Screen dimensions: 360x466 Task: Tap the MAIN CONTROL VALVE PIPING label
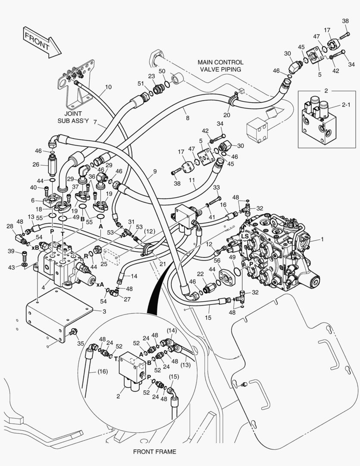pyautogui.click(x=220, y=66)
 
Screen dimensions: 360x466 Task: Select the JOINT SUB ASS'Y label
pyautogui.click(x=73, y=117)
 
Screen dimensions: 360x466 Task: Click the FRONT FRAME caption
pyautogui.click(x=154, y=452)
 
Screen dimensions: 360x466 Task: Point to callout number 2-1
pyautogui.click(x=346, y=104)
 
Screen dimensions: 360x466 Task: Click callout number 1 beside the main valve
pyautogui.click(x=322, y=239)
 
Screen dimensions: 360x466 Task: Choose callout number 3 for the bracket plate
pyautogui.click(x=104, y=312)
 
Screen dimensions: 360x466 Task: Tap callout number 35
pyautogui.click(x=81, y=344)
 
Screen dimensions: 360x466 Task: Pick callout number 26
pyautogui.click(x=36, y=164)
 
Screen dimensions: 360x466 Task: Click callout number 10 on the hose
pyautogui.click(x=108, y=87)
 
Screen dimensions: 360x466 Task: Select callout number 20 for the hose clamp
pyautogui.click(x=227, y=115)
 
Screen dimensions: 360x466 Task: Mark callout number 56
pyautogui.click(x=217, y=260)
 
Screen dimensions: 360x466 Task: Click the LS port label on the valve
pyautogui.click(x=244, y=236)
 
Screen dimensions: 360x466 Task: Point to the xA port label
pyautogui.click(x=100, y=284)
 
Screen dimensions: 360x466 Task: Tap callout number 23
pyautogui.click(x=151, y=76)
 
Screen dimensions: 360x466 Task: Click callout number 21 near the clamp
pyautogui.click(x=163, y=264)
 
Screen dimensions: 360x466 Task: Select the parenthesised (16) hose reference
pyautogui.click(x=102, y=371)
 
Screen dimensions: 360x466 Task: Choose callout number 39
pyautogui.click(x=11, y=252)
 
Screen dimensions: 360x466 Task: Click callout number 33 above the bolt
pyautogui.click(x=216, y=188)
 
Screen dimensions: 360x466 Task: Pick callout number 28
pyautogui.click(x=10, y=227)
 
